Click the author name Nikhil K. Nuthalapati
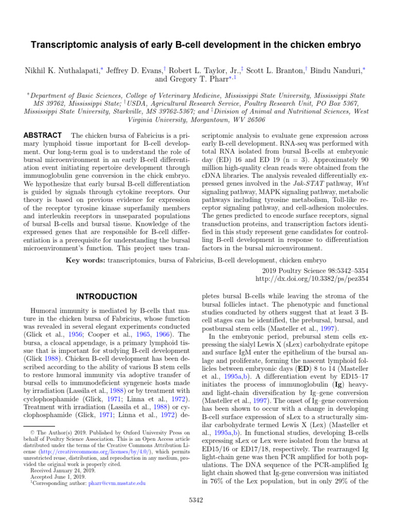tap(58, 69)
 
